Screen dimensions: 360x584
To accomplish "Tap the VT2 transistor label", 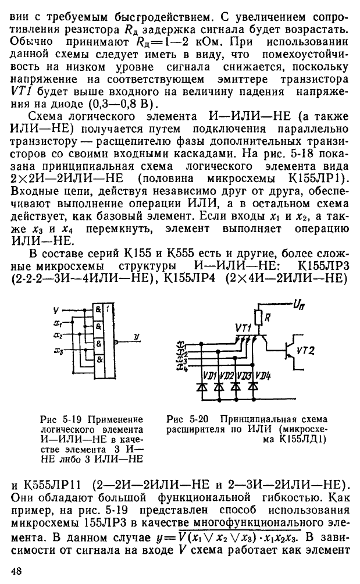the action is pos(305,350).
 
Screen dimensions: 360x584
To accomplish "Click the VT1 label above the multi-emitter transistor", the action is pos(244,327).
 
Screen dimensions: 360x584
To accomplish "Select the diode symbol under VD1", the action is pos(202,387).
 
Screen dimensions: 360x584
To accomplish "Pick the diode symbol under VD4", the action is pos(254,387).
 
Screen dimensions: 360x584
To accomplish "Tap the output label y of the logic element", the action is pos(137,337).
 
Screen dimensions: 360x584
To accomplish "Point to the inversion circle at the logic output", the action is pos(116,341).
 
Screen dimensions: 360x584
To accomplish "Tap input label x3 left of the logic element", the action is pos(58,350).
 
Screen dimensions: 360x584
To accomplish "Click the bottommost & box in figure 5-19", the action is pos(98,360).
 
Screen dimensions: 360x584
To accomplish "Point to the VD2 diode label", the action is pos(227,376).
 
